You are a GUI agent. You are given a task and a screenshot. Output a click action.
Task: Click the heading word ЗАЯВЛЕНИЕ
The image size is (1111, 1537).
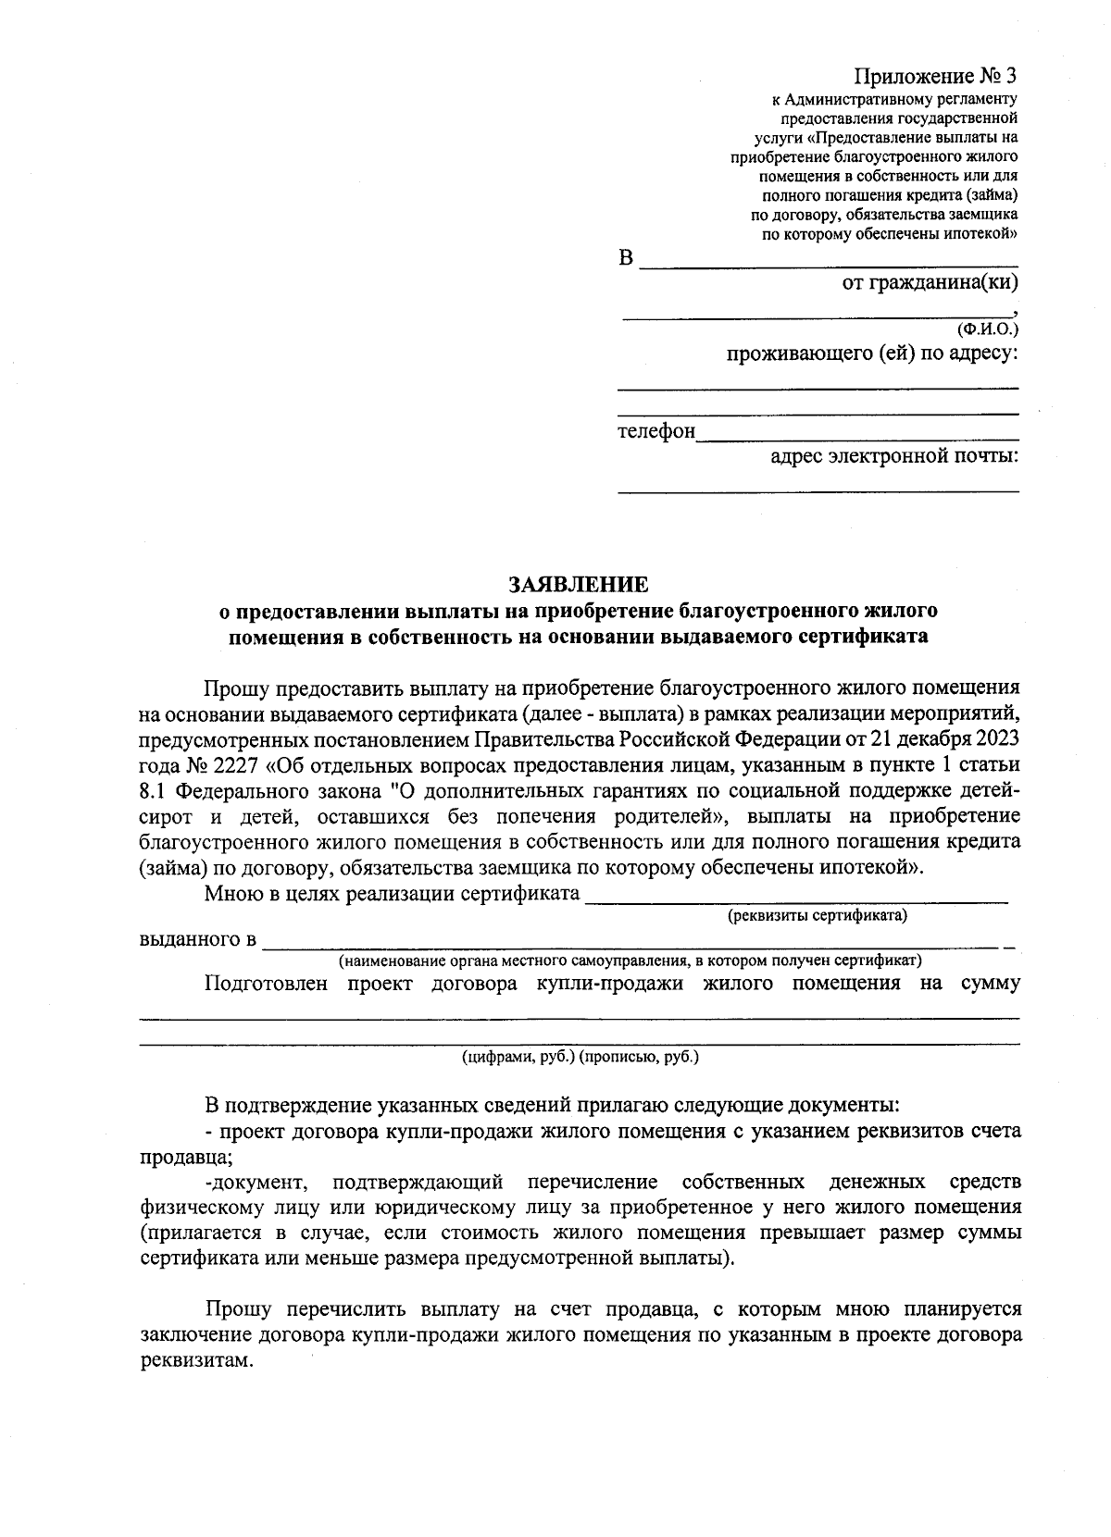click(579, 585)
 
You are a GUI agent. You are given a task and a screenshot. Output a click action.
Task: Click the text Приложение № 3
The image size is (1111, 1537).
click(935, 76)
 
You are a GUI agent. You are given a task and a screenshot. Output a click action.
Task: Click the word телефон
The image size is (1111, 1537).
click(656, 431)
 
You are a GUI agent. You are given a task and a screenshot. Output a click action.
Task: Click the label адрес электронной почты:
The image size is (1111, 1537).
click(894, 456)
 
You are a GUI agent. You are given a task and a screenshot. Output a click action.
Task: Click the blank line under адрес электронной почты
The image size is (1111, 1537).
click(818, 490)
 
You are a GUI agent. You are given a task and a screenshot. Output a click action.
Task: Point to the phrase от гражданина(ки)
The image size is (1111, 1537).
click(930, 282)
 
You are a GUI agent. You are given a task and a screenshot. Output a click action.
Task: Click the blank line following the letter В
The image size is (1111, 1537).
click(829, 265)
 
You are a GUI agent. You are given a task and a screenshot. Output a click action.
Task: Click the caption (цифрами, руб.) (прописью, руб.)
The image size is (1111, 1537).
click(580, 1056)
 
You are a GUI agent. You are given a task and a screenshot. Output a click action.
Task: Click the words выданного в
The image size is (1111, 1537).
click(197, 940)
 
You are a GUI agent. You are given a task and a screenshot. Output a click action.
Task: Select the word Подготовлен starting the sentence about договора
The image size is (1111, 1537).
click(266, 983)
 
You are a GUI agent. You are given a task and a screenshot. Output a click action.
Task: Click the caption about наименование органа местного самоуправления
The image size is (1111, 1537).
click(630, 961)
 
